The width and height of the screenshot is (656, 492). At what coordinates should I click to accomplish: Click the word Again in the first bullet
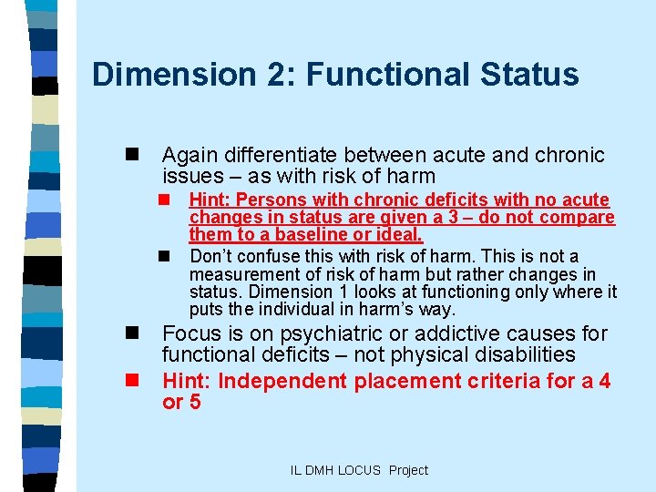[190, 156]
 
